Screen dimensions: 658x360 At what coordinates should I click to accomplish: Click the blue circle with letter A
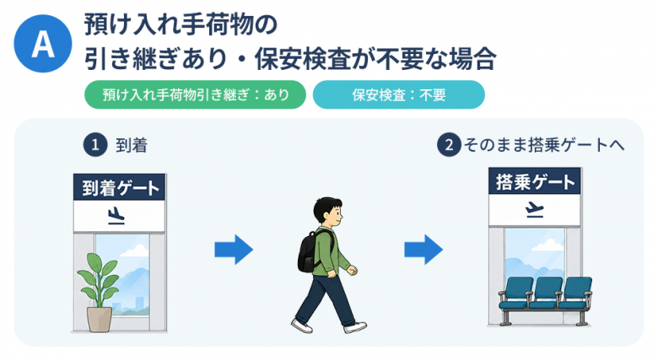click(x=43, y=44)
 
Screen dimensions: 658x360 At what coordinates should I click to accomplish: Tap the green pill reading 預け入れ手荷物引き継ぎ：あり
click(x=195, y=94)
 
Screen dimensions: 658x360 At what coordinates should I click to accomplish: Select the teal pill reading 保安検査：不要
click(x=399, y=94)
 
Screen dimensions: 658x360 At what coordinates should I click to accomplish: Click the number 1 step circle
click(x=95, y=145)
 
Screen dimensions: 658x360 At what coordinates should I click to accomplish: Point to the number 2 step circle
click(x=449, y=145)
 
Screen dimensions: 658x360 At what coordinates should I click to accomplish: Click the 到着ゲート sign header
click(x=120, y=187)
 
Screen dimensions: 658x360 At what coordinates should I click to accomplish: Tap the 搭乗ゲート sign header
click(x=535, y=181)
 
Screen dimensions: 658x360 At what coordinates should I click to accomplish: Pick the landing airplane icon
click(x=116, y=216)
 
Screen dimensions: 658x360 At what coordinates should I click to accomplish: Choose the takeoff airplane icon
click(x=534, y=210)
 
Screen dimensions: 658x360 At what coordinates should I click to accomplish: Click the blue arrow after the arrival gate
click(x=234, y=250)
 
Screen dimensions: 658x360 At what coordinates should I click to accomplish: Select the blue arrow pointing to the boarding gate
click(x=423, y=250)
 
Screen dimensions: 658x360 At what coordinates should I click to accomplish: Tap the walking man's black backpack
click(x=309, y=251)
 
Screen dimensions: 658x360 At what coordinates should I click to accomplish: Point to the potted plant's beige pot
click(x=100, y=320)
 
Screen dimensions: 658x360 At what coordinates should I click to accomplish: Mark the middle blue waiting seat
click(x=546, y=293)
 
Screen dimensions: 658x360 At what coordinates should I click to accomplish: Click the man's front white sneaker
click(x=355, y=327)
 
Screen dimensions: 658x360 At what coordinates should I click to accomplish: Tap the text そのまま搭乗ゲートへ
click(x=544, y=145)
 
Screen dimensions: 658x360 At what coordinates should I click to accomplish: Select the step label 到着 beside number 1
click(x=132, y=146)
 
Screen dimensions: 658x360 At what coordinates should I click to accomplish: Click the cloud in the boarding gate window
click(x=547, y=244)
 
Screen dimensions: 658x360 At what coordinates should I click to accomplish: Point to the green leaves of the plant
click(x=99, y=277)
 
